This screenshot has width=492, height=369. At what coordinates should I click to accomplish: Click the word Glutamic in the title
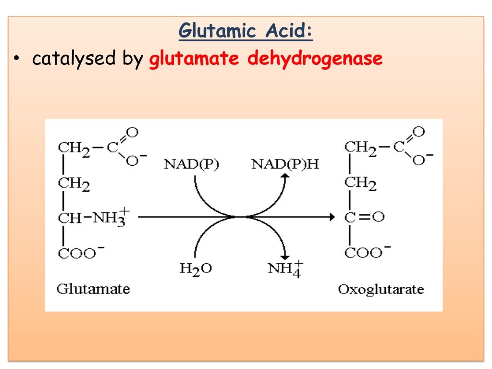216,32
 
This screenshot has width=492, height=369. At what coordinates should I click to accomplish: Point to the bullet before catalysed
16,59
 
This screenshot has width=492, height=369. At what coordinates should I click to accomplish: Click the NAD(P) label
191,164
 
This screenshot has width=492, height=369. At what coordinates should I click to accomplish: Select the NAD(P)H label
285,164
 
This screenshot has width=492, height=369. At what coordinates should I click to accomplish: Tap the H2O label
196,269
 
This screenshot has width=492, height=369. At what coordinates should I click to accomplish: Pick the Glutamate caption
93,289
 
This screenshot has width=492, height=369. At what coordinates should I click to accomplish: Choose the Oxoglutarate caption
381,289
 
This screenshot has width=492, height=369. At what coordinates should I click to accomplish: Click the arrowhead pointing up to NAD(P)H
285,177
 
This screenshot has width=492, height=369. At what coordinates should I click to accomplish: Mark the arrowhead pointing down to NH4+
285,256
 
